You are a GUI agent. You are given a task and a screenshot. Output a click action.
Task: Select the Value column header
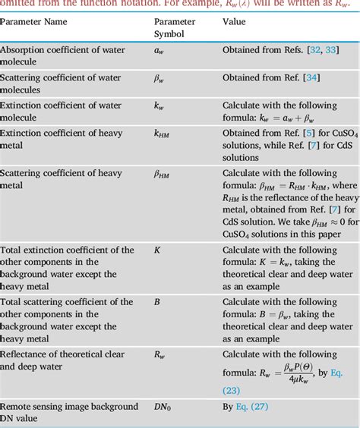point(234,22)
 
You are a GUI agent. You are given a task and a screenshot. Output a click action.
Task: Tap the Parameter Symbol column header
point(175,29)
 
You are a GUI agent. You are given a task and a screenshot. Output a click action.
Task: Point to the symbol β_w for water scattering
point(160,78)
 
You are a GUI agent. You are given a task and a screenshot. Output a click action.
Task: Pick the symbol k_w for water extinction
point(159,106)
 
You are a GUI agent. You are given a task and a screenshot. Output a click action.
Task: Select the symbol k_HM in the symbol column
point(162,134)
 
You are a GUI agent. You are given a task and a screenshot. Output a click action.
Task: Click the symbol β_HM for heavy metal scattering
point(163,174)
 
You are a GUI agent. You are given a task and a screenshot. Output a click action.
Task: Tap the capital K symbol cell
point(157,250)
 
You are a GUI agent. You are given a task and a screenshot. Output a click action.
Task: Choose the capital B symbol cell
point(157,302)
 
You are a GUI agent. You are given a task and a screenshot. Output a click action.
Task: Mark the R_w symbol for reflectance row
point(160,354)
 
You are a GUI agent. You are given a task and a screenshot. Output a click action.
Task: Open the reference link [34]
point(311,78)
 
